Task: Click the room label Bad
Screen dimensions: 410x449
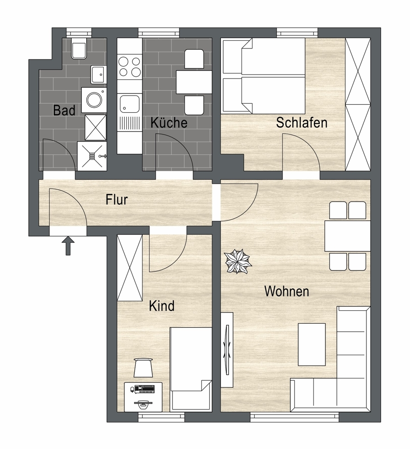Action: pyautogui.click(x=64, y=110)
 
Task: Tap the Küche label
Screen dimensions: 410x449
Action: pyautogui.click(x=169, y=123)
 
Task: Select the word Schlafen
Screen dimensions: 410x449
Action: pyautogui.click(x=301, y=123)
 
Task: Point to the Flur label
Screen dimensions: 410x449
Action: pyautogui.click(x=116, y=200)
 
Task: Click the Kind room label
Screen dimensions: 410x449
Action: pyautogui.click(x=162, y=306)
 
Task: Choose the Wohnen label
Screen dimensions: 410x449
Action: pyautogui.click(x=287, y=291)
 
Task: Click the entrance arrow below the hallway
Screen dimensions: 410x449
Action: pyautogui.click(x=68, y=246)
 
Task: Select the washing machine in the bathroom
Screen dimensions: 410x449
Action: pyautogui.click(x=94, y=100)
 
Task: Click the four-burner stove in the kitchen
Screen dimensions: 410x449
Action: pyautogui.click(x=129, y=66)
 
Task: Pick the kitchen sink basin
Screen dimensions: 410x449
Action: pyautogui.click(x=130, y=104)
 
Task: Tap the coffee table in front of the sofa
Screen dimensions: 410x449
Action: pyautogui.click(x=312, y=344)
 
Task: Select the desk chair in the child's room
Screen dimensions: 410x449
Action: pyautogui.click(x=143, y=368)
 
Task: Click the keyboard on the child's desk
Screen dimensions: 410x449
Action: pyautogui.click(x=144, y=388)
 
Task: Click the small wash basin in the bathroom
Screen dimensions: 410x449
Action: pyautogui.click(x=99, y=75)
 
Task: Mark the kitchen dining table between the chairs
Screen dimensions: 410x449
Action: pyautogui.click(x=194, y=82)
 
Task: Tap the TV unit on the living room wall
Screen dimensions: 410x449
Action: pyautogui.click(x=227, y=350)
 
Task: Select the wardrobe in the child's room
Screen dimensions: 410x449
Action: pyautogui.click(x=130, y=268)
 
